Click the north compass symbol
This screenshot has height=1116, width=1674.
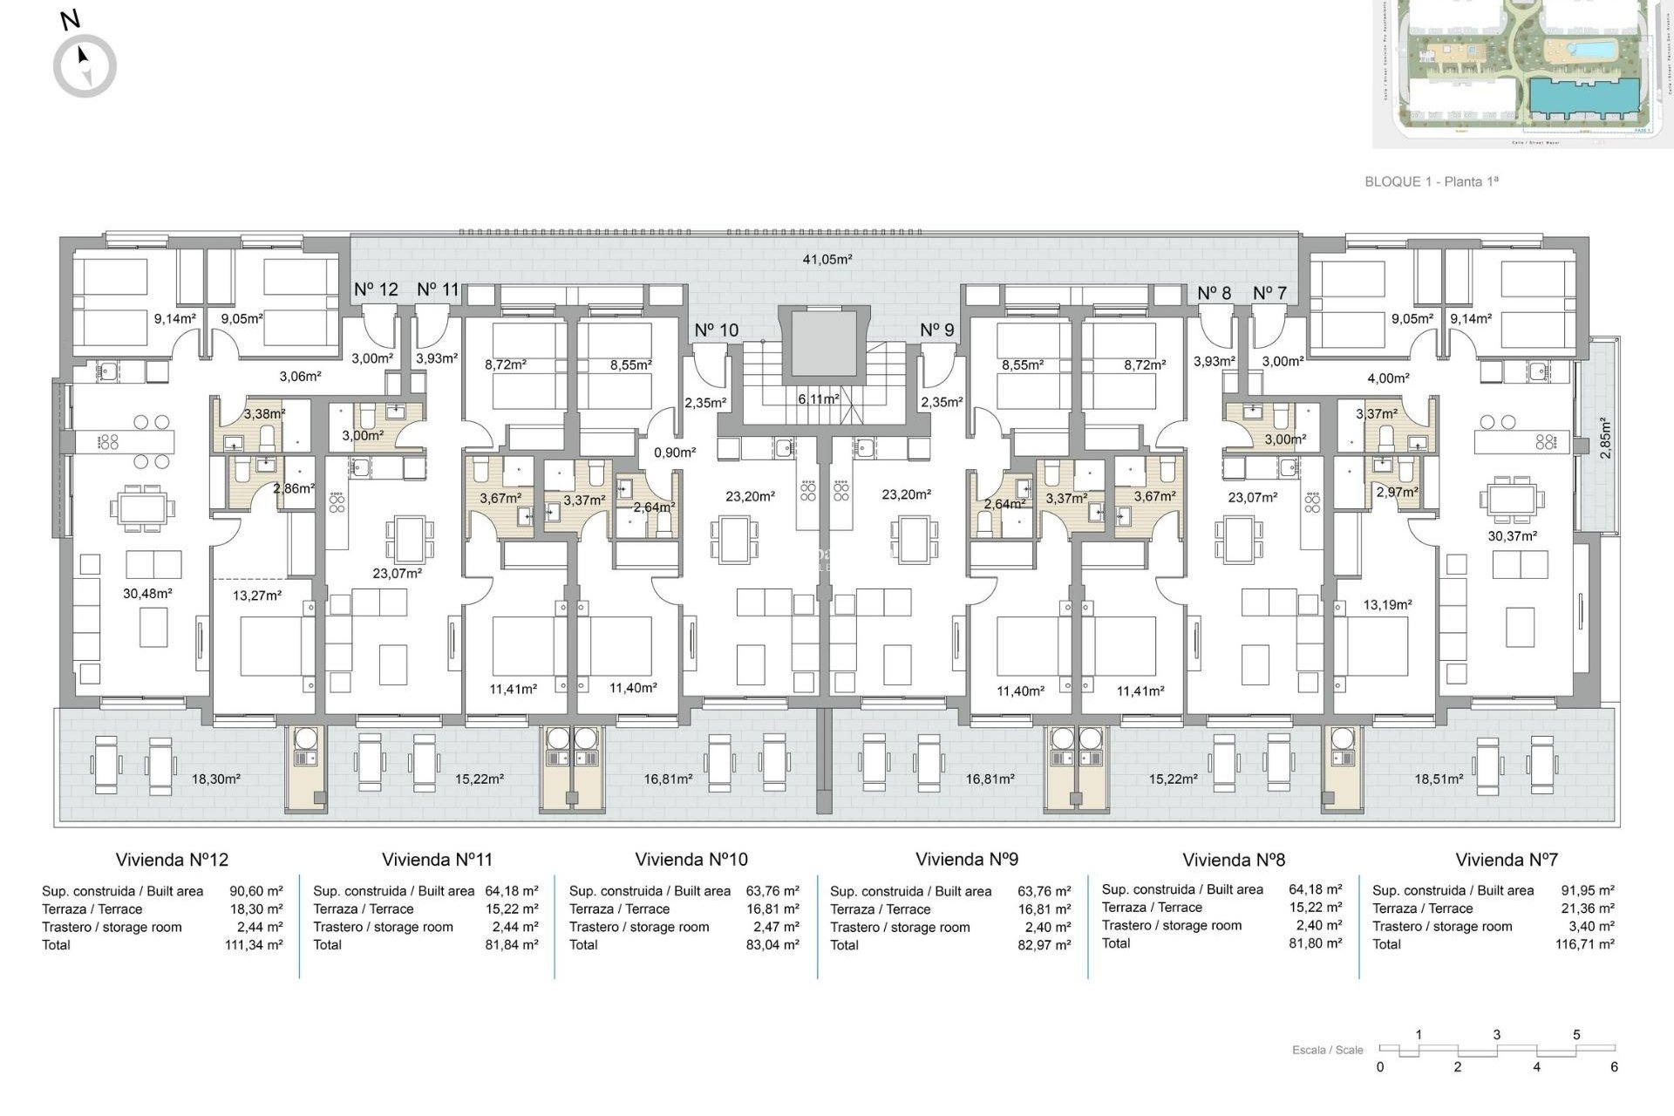[85, 65]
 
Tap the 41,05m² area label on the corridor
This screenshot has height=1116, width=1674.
[827, 259]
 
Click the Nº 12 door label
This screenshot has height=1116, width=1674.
[376, 289]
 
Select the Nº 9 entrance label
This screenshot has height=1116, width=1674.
[936, 330]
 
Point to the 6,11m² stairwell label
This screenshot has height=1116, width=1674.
[818, 398]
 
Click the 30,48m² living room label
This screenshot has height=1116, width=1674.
[146, 593]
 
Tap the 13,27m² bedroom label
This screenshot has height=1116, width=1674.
[256, 595]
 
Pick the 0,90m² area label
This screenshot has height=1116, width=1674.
[674, 453]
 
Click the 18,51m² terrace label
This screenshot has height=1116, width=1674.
[1438, 779]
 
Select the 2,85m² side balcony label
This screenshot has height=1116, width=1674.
[1605, 438]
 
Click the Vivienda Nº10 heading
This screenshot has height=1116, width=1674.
[691, 860]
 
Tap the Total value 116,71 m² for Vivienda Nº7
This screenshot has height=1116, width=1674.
[1584, 944]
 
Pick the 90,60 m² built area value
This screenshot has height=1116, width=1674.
[255, 891]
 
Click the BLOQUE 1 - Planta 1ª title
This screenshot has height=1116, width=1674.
[1431, 181]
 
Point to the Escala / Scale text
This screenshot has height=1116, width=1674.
[1327, 1050]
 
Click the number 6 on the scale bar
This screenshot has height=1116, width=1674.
[1613, 1066]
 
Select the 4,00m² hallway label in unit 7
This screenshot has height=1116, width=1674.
[1388, 378]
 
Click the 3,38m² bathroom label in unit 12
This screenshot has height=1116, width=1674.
[263, 414]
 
